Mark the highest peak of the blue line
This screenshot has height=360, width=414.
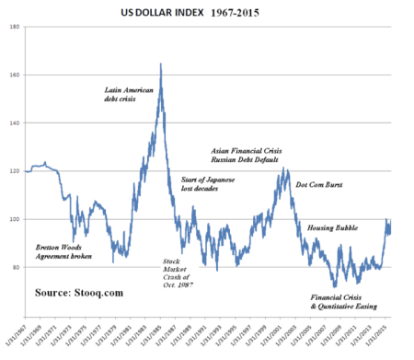[162, 64]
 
